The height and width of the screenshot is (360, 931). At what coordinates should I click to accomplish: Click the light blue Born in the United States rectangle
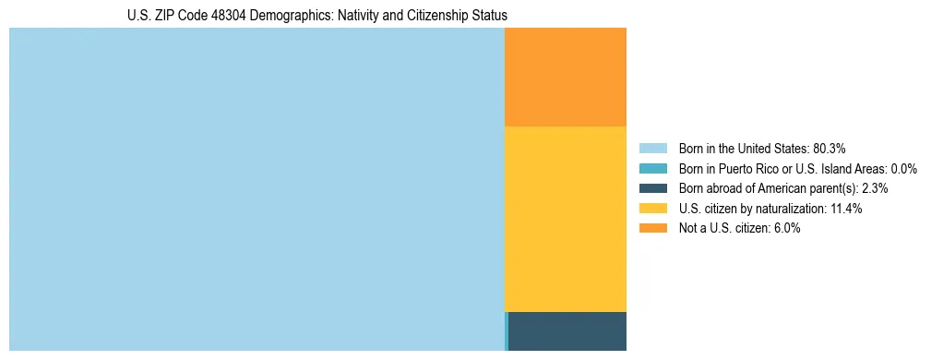point(257,189)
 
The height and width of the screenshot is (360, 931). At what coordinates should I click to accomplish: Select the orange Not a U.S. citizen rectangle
point(566,77)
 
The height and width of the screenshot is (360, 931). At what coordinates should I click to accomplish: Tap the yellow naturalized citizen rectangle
point(566,219)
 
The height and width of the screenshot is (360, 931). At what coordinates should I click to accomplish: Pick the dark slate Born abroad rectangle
point(567,331)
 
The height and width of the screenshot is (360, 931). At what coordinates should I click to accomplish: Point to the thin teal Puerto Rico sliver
point(507,331)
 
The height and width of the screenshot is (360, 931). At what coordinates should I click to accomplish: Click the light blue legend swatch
point(652,148)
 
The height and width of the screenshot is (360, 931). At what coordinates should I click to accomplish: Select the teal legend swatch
point(652,168)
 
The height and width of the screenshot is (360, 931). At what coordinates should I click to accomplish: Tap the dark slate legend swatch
point(652,188)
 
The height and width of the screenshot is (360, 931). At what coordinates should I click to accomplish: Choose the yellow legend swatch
point(652,209)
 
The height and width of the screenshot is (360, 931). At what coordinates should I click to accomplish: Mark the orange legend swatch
point(652,229)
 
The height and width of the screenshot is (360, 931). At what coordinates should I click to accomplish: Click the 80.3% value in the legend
point(830,148)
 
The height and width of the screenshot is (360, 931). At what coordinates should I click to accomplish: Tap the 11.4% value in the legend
point(846,209)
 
